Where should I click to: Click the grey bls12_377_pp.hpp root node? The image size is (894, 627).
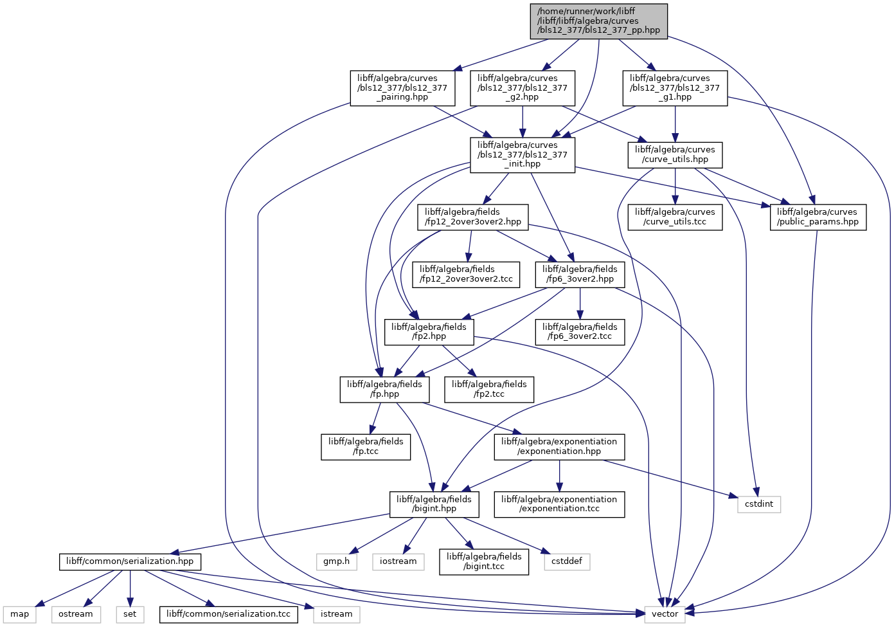[x=598, y=22]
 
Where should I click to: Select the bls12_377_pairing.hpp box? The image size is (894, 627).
[x=402, y=88]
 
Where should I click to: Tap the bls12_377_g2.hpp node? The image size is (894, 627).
[x=523, y=88]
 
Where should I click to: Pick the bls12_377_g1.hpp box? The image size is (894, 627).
[x=675, y=88]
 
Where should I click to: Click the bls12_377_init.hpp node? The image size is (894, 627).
[x=523, y=156]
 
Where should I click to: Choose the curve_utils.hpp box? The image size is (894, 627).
[x=675, y=155]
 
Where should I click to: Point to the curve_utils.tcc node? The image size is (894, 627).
[x=675, y=217]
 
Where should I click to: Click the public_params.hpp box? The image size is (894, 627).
[x=818, y=217]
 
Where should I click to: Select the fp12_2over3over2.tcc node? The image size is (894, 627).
[x=466, y=275]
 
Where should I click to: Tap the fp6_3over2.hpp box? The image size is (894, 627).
[x=580, y=275]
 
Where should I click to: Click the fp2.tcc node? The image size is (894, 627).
[x=489, y=390]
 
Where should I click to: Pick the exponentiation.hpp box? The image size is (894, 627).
[x=559, y=447]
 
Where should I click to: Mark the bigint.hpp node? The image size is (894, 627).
[x=434, y=504]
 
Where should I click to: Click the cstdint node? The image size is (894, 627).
[x=759, y=504]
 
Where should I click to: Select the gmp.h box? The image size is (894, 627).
[x=336, y=562]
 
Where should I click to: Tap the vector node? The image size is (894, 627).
[x=665, y=615]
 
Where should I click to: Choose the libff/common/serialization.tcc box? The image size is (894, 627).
[x=228, y=615]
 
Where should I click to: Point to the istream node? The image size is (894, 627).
[x=336, y=615]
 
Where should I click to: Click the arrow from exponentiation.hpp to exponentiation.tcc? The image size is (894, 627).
[x=559, y=476]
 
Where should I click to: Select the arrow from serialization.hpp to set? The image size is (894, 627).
[x=130, y=588]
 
